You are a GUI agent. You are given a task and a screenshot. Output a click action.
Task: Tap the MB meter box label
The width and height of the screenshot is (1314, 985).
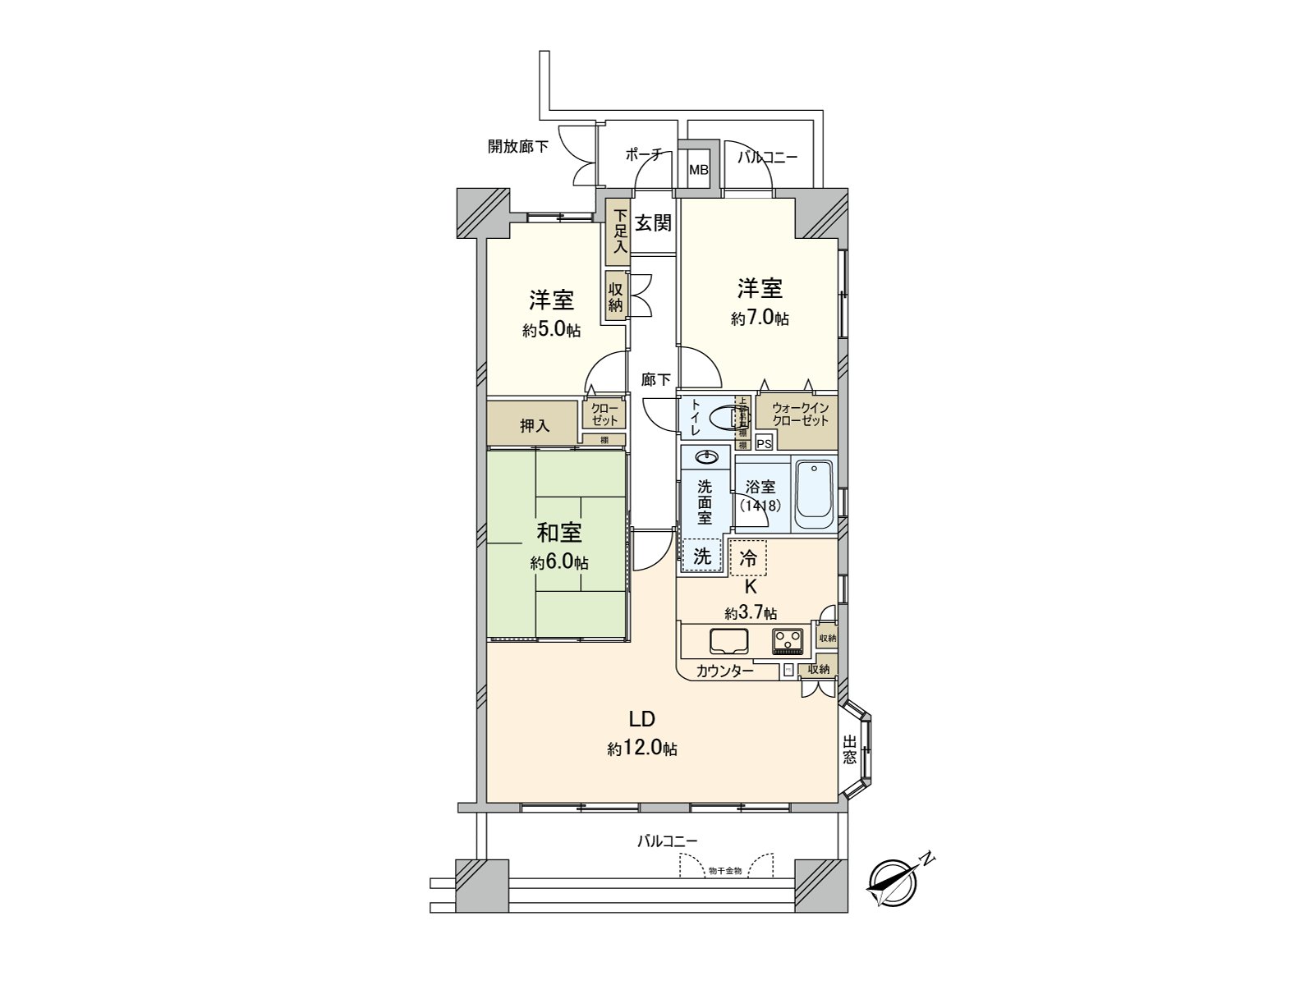coord(698,171)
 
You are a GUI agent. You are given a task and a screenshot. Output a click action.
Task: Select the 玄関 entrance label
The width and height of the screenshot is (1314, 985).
coord(653,222)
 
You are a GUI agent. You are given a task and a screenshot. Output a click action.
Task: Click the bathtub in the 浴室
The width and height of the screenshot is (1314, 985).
coord(815,494)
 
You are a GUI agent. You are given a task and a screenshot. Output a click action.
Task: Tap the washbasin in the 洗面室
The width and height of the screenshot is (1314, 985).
coord(705,457)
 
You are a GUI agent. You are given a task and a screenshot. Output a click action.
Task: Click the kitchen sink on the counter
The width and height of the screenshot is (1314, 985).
coord(728,641)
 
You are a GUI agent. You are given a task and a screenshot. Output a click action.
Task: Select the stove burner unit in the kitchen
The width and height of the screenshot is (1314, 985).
coord(789,639)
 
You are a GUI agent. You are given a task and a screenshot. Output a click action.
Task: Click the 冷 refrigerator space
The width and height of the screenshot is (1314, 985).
coord(748,558)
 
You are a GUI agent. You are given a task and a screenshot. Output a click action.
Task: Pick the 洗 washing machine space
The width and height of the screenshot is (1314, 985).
coord(702,556)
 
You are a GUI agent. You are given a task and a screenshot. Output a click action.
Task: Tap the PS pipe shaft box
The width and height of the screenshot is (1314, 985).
coord(764,444)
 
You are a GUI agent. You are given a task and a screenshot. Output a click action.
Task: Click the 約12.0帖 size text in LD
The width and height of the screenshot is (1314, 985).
coord(642,749)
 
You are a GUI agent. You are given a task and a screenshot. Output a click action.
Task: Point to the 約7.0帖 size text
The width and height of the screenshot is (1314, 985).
coord(760,318)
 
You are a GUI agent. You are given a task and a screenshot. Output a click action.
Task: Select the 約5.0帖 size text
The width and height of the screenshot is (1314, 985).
coord(551,330)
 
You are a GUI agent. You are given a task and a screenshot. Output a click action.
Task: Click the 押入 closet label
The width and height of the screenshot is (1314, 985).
coord(535,426)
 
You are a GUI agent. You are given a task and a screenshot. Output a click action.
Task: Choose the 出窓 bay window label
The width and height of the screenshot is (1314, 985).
coord(849,749)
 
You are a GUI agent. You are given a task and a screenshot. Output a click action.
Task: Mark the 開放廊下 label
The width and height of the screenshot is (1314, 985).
coord(518,147)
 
